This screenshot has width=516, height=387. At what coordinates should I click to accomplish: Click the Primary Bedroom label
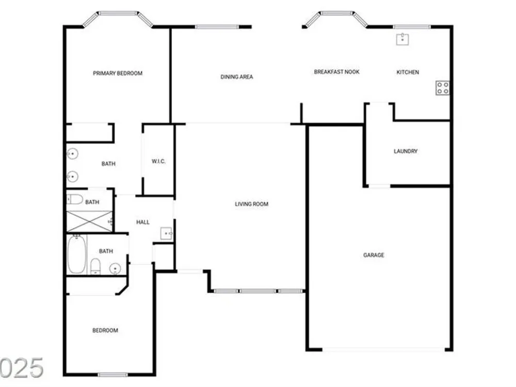coord(118,73)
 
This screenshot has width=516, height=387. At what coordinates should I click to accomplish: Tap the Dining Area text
coord(237,77)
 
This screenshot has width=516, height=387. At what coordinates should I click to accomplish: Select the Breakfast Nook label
coord(336,72)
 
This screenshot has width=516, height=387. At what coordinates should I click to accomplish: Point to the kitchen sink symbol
coord(402,39)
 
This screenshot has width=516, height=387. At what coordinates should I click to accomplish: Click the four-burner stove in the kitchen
coord(442,88)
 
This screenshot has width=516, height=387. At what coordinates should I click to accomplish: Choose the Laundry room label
coord(406,151)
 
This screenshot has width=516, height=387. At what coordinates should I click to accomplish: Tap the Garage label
coord(374,255)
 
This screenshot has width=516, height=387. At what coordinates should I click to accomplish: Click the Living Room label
coord(251,204)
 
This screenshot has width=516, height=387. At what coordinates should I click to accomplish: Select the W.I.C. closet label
coord(158,161)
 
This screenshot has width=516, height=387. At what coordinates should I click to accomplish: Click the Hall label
coord(143,222)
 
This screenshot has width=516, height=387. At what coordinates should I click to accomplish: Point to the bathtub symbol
coord(77,254)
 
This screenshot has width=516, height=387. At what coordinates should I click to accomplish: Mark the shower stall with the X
coord(90,221)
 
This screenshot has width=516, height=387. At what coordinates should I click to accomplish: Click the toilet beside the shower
coord(75,199)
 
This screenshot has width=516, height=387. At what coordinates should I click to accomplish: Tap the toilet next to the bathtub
coord(95,266)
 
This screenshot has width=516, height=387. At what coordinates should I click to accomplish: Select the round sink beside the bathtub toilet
coord(115,269)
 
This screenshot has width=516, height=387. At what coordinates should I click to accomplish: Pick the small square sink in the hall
coord(166,233)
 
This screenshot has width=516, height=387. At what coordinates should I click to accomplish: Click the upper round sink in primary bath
coord(72,154)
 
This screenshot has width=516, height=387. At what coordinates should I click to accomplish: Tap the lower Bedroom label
coord(105,330)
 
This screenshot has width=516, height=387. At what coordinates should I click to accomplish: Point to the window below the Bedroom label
coord(112,375)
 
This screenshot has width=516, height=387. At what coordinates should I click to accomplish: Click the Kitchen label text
coord(408,72)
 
